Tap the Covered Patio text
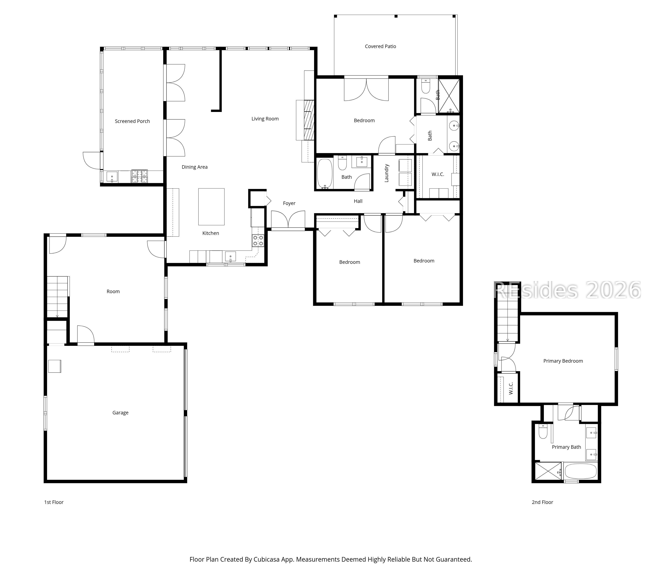tap(380, 46)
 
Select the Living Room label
tap(265, 119)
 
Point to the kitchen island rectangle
tap(211, 207)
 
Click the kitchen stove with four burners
tap(258, 241)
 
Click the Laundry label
tap(386, 173)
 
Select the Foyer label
tap(289, 203)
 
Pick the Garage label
tap(120, 413)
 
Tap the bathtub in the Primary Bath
tap(580, 471)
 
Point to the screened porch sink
tap(112, 177)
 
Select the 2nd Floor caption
tap(542, 502)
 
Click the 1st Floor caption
tap(54, 502)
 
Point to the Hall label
tap(358, 201)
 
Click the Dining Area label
tap(194, 167)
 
